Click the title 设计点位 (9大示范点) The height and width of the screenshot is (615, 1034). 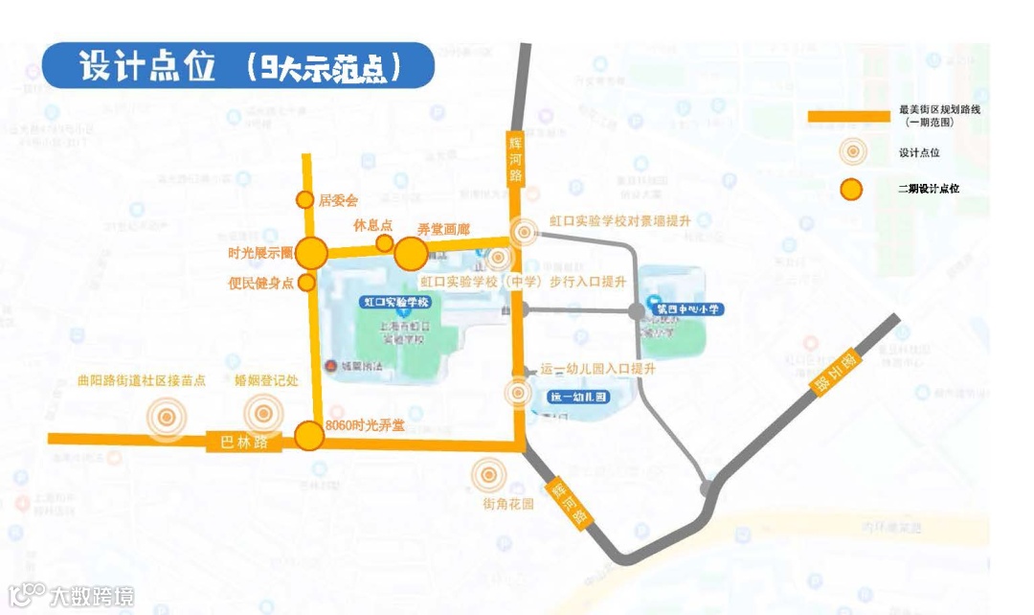point(239,66)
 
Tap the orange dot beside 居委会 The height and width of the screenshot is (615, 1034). point(304,199)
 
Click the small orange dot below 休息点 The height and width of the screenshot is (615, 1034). point(384,243)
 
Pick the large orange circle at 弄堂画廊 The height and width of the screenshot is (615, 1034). point(412,253)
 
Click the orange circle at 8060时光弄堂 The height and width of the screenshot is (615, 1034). point(308,436)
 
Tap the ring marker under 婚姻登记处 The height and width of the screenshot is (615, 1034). point(263,415)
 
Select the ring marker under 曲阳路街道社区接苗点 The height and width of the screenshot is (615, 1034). point(167,417)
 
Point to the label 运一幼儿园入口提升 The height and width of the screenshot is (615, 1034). point(597,369)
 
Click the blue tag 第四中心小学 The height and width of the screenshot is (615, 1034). point(686,309)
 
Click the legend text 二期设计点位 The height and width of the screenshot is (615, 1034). point(928,189)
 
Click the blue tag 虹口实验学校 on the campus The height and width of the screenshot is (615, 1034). point(398,302)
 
